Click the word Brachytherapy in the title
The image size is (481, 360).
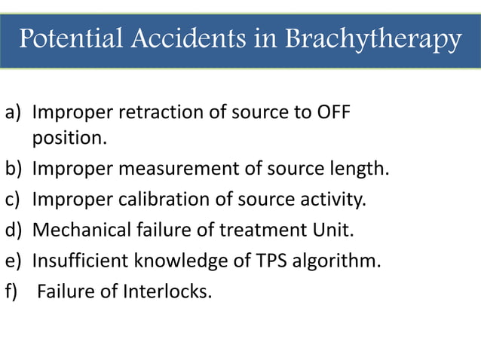373,39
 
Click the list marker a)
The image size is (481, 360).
14,113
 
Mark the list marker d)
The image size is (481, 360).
14,230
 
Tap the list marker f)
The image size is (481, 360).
13,291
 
